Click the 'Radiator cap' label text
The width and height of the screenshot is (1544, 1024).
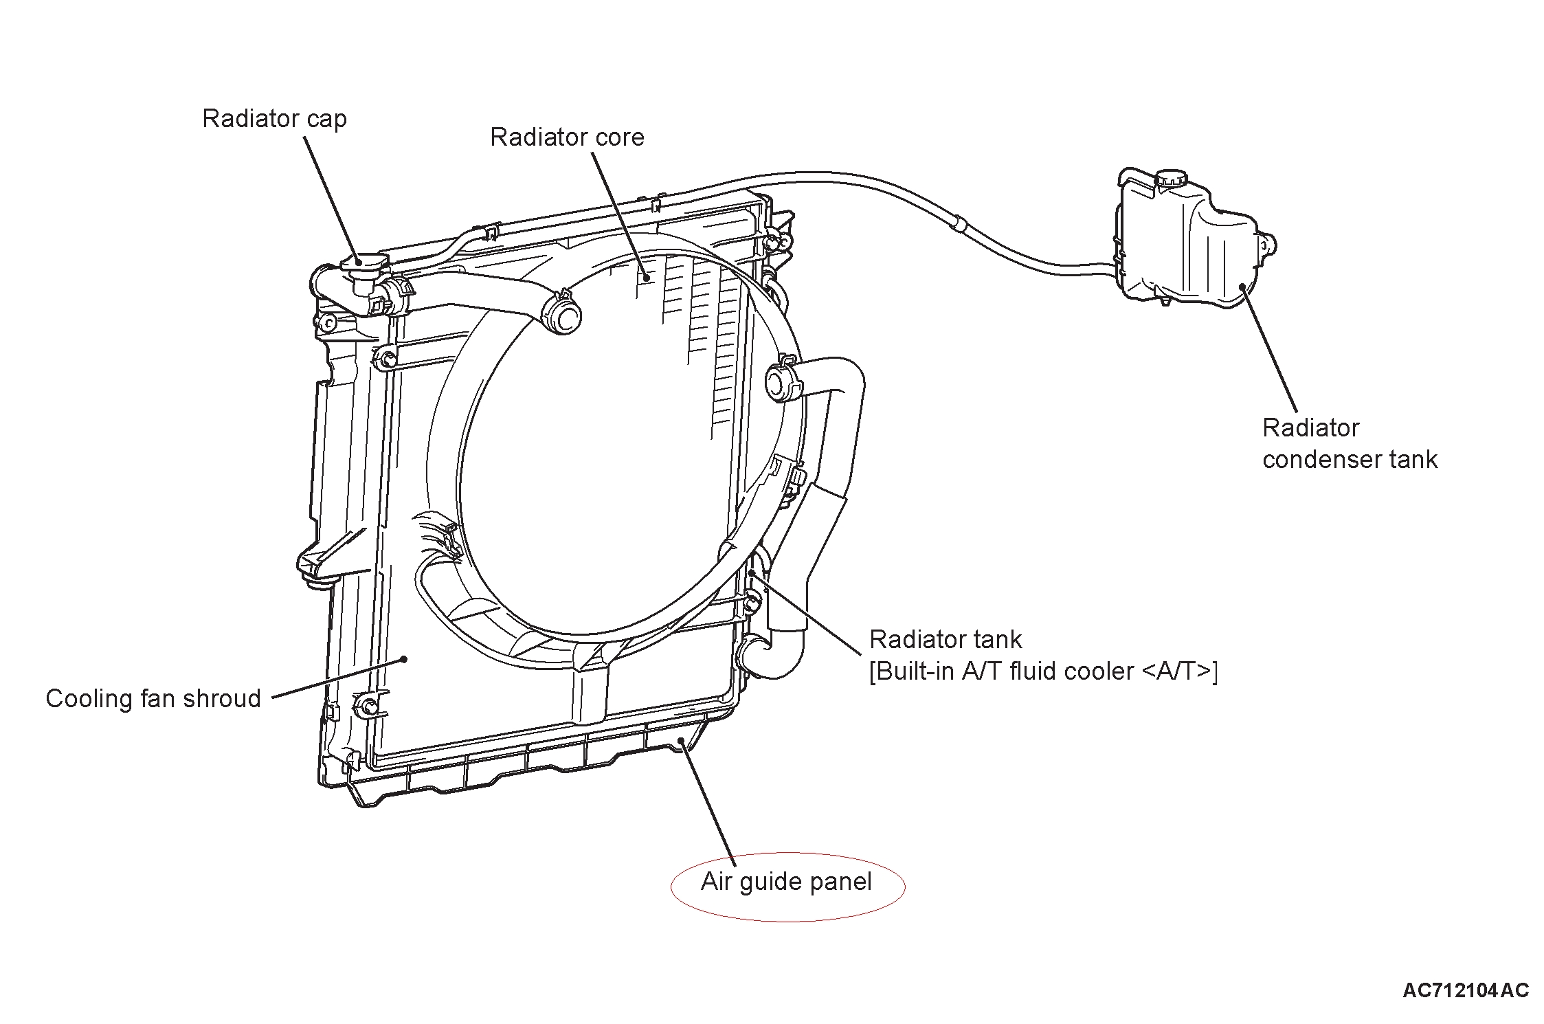274,119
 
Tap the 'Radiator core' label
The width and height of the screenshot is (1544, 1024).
567,137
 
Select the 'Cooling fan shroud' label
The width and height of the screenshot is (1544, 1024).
153,699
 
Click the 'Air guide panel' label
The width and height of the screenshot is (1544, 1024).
786,882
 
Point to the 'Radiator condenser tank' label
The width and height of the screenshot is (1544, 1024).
1349,443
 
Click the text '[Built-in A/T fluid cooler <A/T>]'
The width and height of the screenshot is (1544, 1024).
1042,671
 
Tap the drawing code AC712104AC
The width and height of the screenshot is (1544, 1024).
1465,990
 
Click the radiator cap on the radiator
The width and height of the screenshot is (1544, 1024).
363,263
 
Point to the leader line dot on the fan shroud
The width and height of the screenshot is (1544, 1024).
405,659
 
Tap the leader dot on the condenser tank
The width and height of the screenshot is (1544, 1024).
1242,287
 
